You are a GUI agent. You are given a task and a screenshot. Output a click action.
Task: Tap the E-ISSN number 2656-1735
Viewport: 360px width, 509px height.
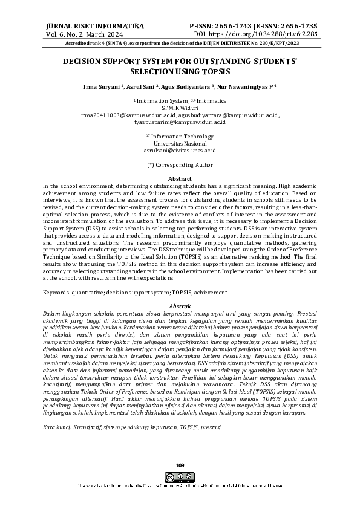(x=296, y=27)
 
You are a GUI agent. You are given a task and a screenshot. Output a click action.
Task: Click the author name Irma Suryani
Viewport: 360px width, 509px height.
(x=102, y=87)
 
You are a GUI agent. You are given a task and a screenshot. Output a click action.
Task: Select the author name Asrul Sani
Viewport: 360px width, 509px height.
(x=145, y=87)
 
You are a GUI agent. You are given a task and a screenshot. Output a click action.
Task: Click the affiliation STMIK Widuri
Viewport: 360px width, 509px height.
(x=180, y=107)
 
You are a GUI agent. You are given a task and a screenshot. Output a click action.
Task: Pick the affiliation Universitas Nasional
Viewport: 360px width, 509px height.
(x=180, y=143)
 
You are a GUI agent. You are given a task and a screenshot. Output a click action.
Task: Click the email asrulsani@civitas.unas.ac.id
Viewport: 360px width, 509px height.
(x=180, y=151)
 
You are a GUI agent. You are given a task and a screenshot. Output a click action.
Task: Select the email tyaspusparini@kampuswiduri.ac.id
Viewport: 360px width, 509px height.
(x=180, y=122)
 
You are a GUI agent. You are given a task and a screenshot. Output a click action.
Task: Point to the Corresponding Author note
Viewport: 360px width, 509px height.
(x=180, y=164)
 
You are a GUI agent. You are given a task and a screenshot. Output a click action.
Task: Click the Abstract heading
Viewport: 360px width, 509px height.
(x=180, y=179)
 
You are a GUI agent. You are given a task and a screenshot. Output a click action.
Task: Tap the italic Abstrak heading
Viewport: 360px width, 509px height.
(x=180, y=306)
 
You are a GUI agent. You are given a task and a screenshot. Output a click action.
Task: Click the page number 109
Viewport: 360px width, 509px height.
(x=180, y=464)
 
